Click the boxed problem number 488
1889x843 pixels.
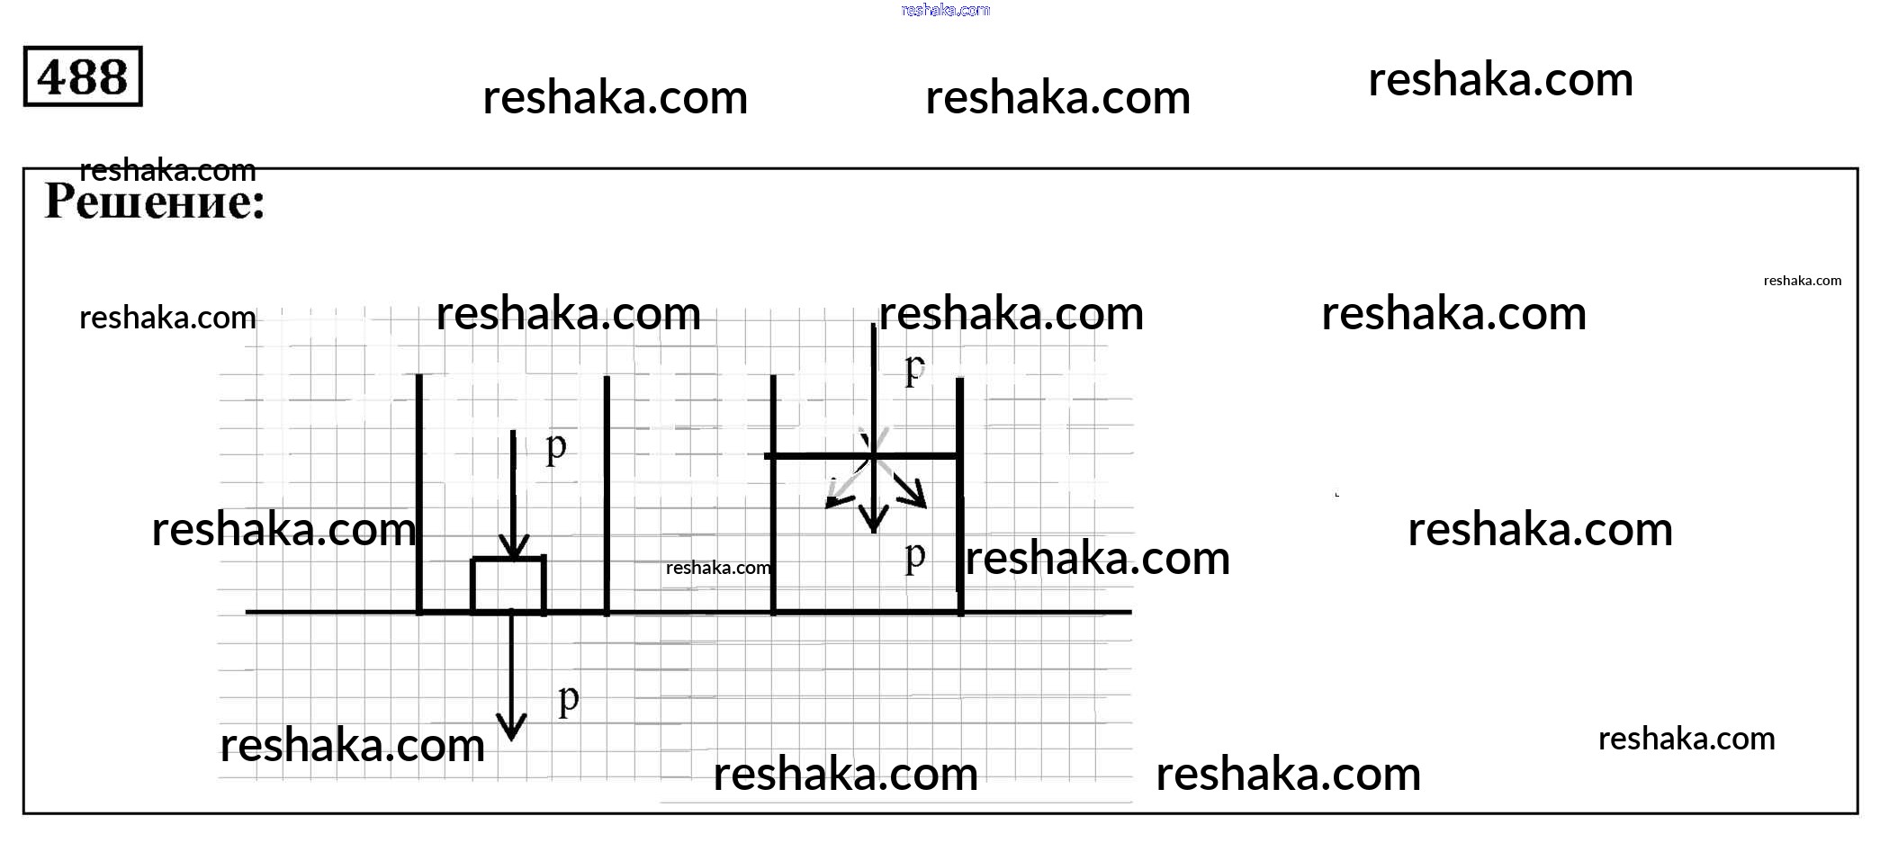[83, 76]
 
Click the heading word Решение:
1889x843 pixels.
[155, 202]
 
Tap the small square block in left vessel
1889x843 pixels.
[508, 585]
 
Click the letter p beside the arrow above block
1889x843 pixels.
[556, 445]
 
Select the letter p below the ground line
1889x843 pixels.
[568, 698]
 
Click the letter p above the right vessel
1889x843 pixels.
[914, 367]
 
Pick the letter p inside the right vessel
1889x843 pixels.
[914, 555]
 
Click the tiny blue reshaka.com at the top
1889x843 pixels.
[945, 10]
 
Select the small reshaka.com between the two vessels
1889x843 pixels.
[718, 568]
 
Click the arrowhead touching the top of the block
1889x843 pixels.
[513, 548]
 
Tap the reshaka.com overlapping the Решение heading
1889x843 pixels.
[167, 170]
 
